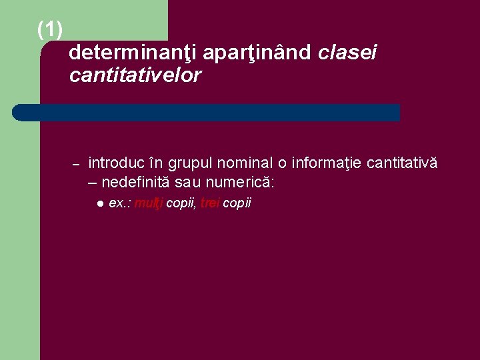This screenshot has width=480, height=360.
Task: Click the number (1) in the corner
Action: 50,29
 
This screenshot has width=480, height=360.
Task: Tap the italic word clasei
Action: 347,52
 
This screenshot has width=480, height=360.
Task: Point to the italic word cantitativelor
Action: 135,76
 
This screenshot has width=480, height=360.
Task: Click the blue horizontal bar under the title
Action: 207,112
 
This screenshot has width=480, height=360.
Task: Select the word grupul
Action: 190,163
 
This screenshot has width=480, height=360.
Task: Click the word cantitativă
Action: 402,162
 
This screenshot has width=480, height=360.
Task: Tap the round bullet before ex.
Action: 99,203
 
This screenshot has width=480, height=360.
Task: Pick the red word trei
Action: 209,203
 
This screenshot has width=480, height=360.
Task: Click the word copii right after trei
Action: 237,203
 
